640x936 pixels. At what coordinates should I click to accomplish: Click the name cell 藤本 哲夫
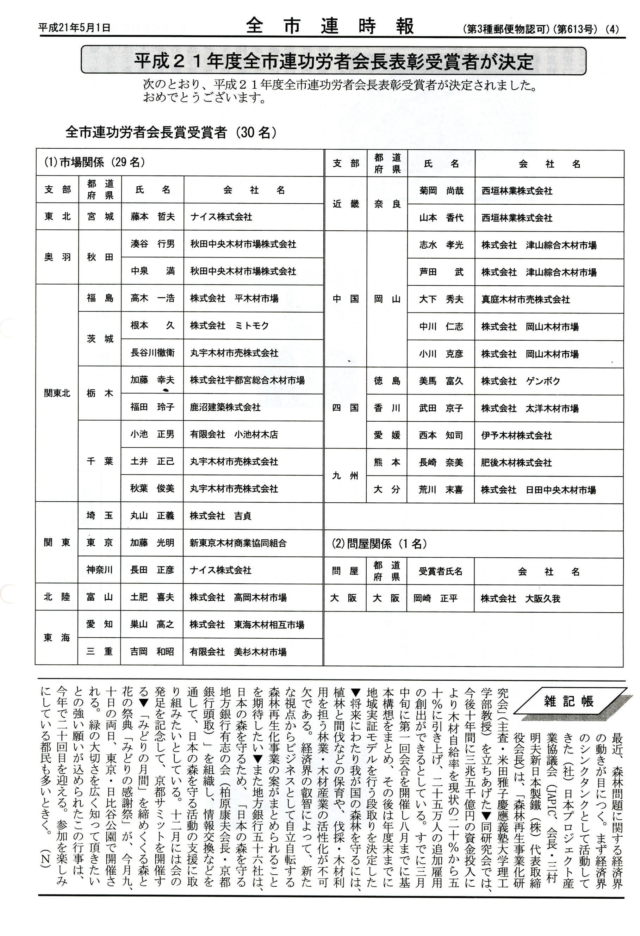[152, 217]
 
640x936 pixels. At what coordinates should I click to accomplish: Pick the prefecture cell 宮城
[100, 217]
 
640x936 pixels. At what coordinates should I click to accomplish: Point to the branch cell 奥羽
[57, 257]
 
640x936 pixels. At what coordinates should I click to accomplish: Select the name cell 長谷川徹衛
[152, 353]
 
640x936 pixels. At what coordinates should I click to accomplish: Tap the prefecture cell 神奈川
[99, 570]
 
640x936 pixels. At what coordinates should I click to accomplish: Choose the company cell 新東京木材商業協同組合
[238, 543]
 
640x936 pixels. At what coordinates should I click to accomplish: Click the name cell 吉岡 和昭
[152, 652]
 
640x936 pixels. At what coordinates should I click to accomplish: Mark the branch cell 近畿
[345, 204]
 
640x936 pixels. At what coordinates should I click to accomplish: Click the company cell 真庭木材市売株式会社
[525, 299]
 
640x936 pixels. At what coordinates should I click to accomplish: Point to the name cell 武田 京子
[441, 408]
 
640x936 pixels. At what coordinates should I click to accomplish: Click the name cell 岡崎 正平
[435, 599]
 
